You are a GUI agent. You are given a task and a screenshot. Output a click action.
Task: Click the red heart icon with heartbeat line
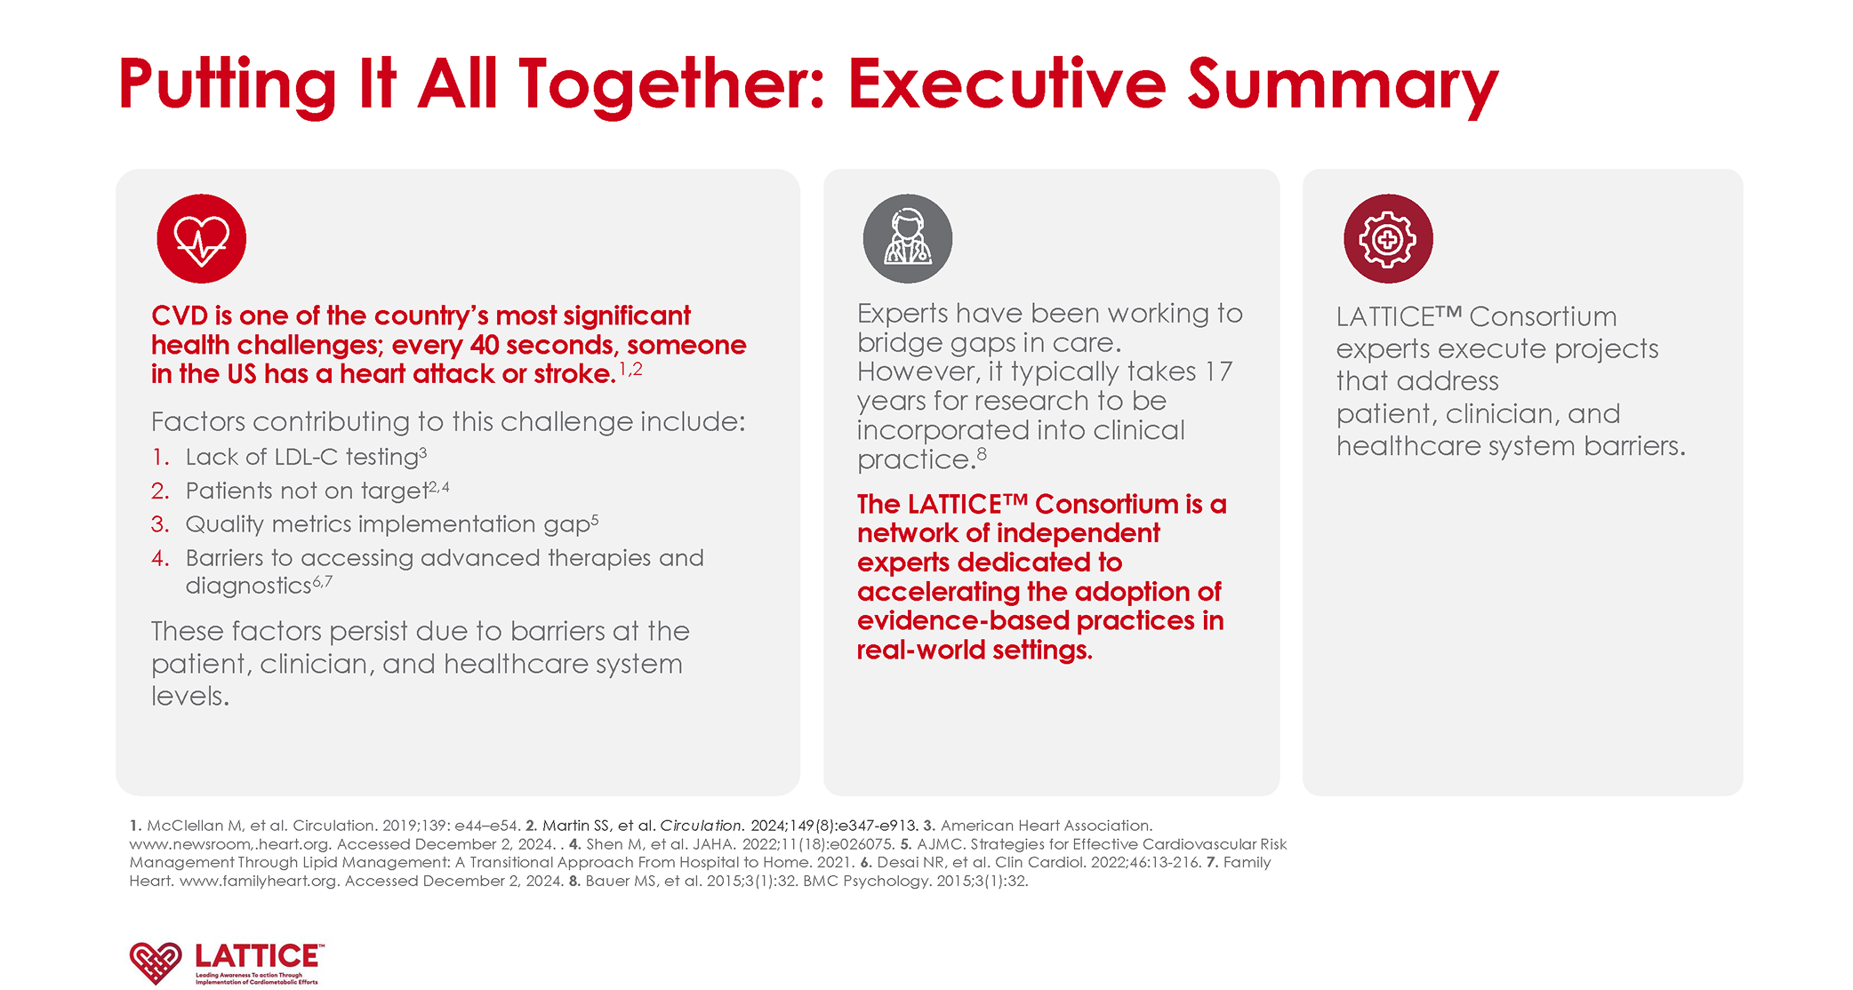[202, 239]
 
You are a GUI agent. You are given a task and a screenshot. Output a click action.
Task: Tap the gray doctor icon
[908, 239]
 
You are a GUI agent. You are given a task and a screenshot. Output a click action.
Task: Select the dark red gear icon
[1388, 239]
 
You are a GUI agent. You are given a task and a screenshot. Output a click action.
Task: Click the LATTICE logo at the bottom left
[228, 963]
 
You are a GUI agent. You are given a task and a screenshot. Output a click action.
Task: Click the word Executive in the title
[1007, 84]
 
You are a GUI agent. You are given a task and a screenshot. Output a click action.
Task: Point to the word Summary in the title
[1344, 87]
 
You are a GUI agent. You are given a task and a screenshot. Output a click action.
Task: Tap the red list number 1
[160, 457]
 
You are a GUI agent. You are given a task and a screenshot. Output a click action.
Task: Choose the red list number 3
[160, 524]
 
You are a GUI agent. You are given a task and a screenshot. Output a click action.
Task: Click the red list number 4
[160, 558]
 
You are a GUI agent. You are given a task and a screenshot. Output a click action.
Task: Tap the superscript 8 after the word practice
[982, 453]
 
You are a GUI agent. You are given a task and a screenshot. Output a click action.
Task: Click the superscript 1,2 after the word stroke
[630, 369]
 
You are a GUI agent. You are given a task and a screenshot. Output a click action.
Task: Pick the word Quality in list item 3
[225, 525]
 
